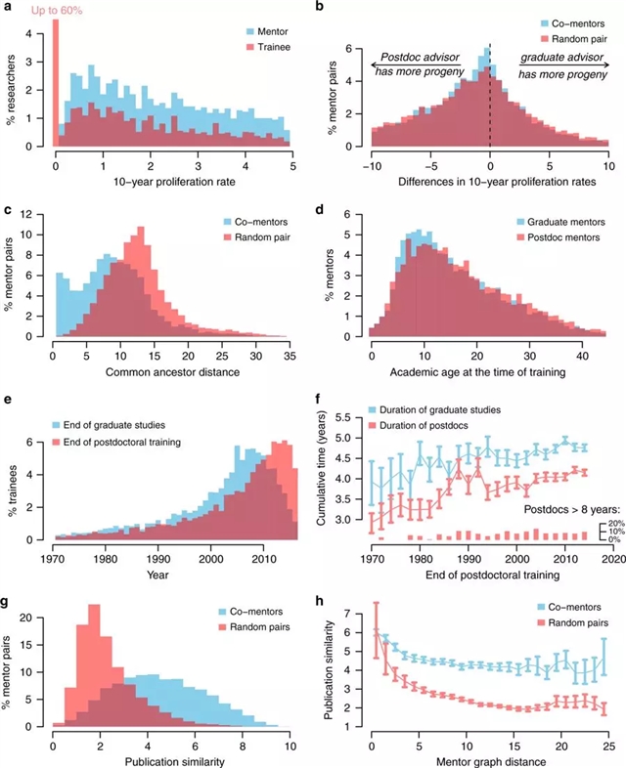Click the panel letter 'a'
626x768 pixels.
7,8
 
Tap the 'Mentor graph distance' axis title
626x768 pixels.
488,758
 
